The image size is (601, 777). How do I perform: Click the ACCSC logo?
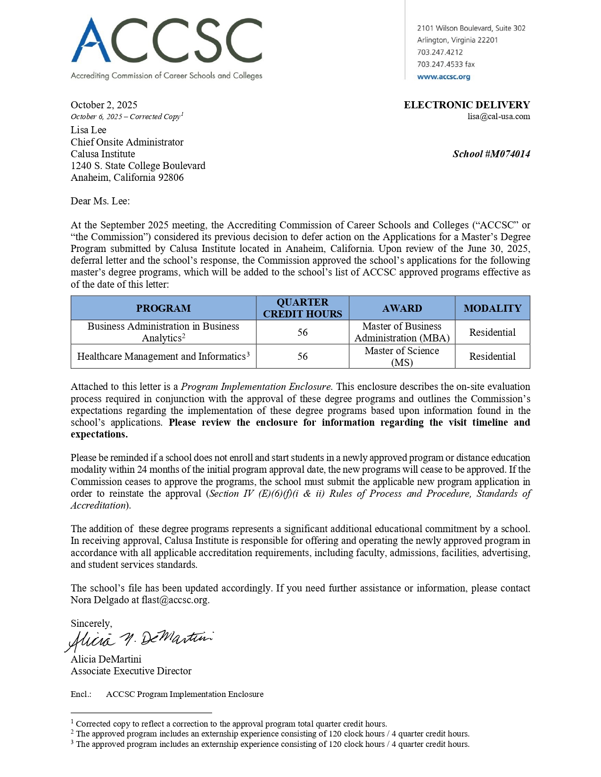(166, 47)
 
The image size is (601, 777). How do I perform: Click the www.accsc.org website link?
(443, 77)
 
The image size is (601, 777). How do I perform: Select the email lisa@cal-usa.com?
(498, 116)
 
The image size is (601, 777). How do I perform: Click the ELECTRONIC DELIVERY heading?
(467, 105)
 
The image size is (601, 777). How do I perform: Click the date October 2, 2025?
(104, 105)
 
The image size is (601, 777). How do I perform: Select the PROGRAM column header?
(163, 308)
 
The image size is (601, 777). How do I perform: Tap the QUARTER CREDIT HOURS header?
(302, 308)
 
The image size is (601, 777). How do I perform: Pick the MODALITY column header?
(492, 308)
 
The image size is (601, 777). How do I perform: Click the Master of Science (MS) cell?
(402, 356)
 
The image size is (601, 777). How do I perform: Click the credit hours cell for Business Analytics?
(302, 332)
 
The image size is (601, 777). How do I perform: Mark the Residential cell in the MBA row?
(492, 332)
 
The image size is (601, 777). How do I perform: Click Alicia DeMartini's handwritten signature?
(140, 640)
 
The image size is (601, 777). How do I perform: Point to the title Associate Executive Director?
(131, 671)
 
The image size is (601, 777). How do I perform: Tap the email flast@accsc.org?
(174, 600)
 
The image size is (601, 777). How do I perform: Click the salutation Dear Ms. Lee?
(100, 201)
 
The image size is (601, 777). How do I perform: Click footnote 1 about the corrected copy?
(231, 724)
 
